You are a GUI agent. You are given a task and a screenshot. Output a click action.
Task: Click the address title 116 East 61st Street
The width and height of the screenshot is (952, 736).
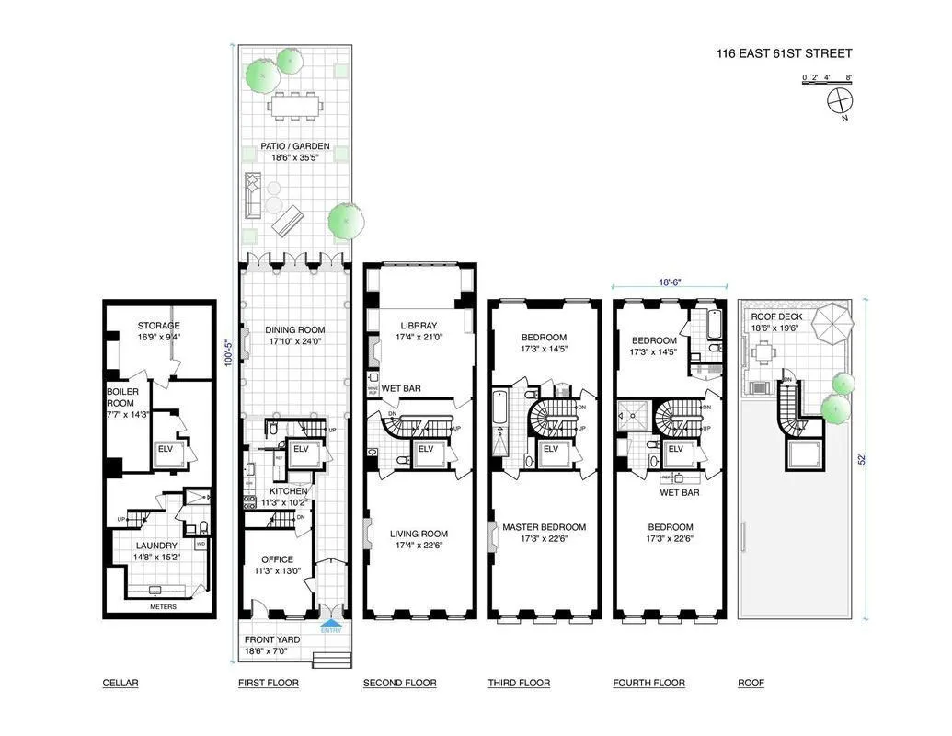click(x=784, y=52)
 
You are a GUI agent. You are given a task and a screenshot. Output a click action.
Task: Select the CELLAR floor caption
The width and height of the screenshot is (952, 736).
click(x=120, y=683)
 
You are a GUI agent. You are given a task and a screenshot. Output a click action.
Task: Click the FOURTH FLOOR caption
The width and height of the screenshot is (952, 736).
click(x=648, y=683)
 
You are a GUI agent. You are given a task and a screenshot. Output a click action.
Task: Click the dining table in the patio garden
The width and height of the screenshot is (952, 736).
click(x=296, y=108)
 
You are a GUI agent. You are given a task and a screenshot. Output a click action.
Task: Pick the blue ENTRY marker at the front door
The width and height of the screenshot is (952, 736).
click(x=329, y=629)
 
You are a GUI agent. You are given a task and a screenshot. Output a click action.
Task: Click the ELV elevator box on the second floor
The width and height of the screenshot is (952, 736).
click(x=426, y=450)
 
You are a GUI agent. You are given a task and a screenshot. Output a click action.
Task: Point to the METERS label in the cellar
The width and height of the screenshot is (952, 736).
click(x=162, y=606)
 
